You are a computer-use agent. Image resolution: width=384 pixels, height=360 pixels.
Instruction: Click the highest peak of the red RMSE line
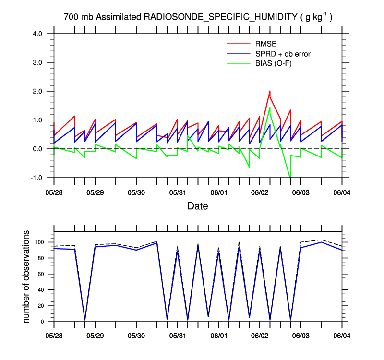point(270,91)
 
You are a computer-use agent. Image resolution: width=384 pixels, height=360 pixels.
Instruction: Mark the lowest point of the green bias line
point(290,177)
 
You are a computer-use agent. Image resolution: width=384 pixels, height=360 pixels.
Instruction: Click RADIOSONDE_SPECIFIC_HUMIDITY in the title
point(221,17)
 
